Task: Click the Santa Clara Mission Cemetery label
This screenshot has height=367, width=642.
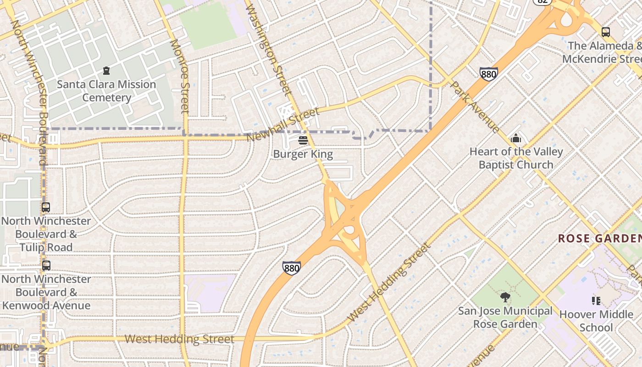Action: (106, 91)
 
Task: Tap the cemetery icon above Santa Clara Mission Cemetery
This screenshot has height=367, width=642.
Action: (106, 71)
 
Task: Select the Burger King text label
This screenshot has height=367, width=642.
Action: (303, 154)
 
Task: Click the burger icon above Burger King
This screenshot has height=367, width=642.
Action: (303, 140)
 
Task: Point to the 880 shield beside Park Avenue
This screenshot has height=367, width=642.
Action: (489, 74)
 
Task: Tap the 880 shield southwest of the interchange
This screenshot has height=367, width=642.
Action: (292, 268)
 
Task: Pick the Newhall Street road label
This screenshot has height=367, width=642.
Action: (282, 125)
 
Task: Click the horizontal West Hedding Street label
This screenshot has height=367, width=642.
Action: (179, 339)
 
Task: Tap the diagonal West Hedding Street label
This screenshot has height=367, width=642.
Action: (390, 282)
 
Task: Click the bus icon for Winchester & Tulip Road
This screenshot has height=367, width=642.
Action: (46, 207)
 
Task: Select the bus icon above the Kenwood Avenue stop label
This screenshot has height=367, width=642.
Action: (46, 266)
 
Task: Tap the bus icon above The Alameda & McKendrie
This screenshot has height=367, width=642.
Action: (606, 32)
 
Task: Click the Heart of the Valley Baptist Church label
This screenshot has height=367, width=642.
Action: (516, 158)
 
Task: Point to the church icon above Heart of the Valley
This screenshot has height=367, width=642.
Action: (516, 138)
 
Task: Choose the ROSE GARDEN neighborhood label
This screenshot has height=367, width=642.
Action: (599, 239)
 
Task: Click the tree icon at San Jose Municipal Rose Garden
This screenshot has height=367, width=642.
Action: (505, 297)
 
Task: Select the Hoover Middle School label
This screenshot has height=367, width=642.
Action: (596, 321)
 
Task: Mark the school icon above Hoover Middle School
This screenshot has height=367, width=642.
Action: (596, 301)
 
